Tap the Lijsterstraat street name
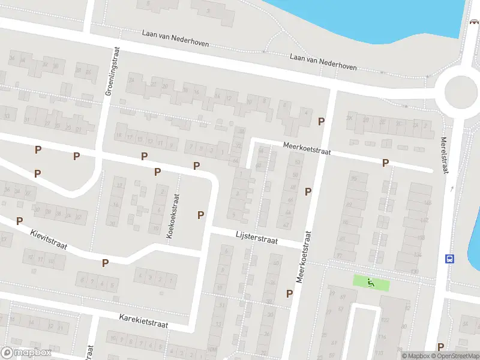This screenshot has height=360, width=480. coord(256,239)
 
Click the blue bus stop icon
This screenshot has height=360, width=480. coord(449,259)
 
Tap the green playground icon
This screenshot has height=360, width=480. coord(371,283)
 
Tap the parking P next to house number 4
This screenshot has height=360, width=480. coord(321,121)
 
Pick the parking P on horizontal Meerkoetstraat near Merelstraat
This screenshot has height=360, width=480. coord(386,163)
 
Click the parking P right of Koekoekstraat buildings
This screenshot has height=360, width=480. coord(201,215)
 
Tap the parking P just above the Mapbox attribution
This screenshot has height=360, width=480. coord(441,346)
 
